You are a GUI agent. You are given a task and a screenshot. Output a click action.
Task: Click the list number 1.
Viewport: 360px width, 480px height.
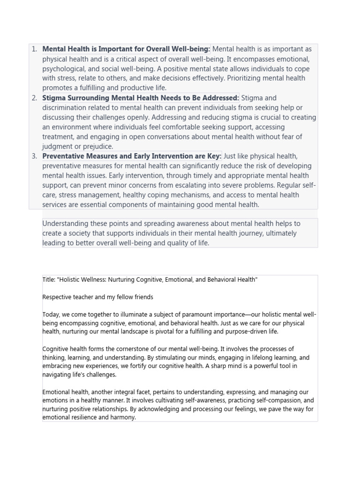[34, 49]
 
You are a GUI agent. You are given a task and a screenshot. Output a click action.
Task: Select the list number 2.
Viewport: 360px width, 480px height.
[34, 98]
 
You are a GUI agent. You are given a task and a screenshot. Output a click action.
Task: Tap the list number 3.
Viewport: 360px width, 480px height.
[34, 156]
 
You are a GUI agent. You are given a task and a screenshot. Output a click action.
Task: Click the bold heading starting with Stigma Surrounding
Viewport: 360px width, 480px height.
[141, 98]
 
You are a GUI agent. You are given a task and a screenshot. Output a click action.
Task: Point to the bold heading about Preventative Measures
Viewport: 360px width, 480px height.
[132, 156]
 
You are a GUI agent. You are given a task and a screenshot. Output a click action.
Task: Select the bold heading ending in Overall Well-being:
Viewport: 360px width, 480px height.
[126, 49]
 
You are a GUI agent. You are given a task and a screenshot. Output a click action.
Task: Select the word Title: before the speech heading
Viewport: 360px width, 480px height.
[48, 280]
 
